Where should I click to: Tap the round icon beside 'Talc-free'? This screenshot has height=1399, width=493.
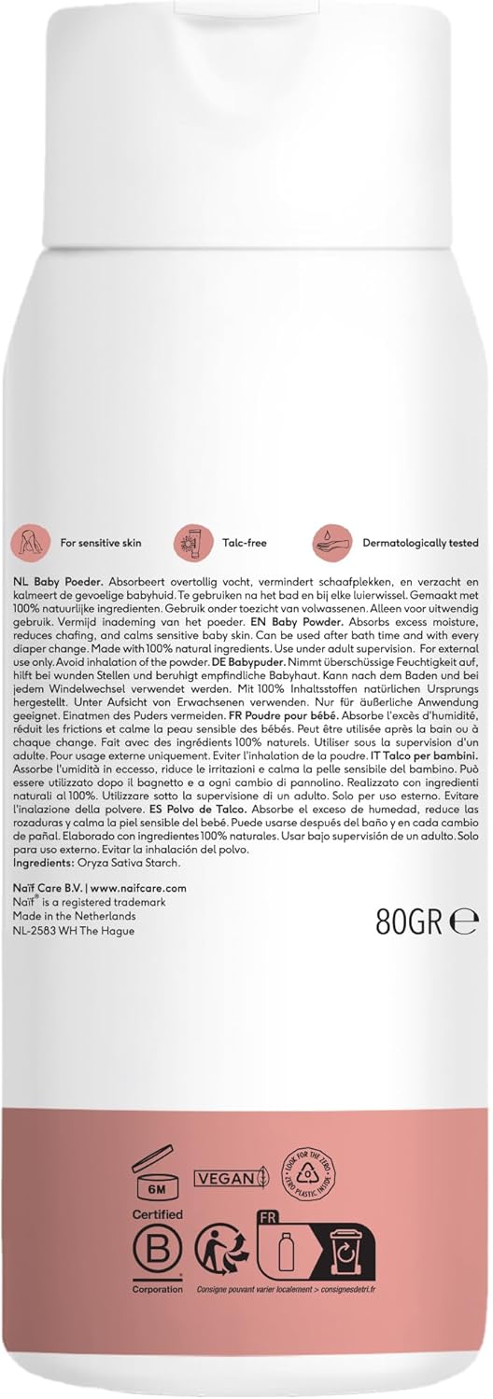[190, 542]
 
